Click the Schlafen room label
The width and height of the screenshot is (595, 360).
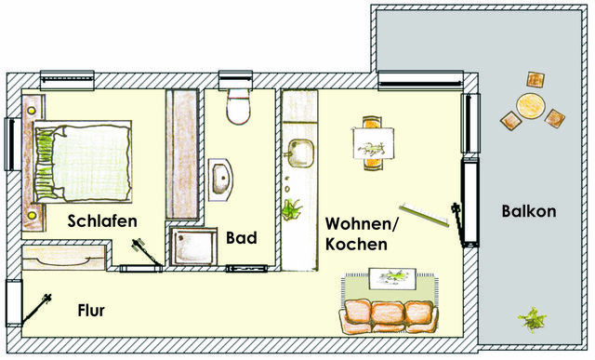102,221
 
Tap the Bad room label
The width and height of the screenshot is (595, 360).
241,237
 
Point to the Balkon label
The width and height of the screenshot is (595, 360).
528,211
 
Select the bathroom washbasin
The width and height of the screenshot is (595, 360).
221,177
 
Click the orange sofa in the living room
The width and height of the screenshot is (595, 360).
389,315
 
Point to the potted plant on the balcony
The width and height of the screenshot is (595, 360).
532,321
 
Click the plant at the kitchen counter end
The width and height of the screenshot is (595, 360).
292,210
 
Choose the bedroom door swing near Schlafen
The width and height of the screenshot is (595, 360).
140,249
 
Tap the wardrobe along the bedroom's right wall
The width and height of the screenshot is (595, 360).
184,153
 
